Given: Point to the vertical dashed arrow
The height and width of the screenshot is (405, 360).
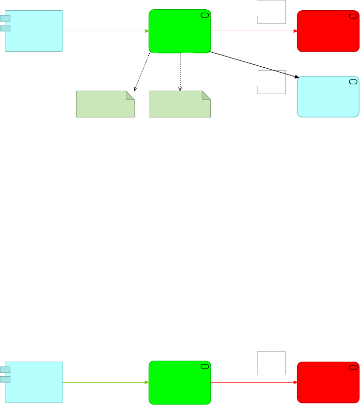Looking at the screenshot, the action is pyautogui.click(x=180, y=71).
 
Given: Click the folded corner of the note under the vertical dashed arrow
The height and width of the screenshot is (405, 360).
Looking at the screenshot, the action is pyautogui.click(x=206, y=95).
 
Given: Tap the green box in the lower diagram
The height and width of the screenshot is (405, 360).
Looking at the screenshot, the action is pyautogui.click(x=180, y=382).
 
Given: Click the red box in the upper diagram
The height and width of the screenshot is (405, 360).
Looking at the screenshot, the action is pyautogui.click(x=328, y=31).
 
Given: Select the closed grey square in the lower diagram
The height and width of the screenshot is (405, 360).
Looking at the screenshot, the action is pyautogui.click(x=271, y=363).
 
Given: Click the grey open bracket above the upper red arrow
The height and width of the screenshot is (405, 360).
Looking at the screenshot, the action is pyautogui.click(x=272, y=12).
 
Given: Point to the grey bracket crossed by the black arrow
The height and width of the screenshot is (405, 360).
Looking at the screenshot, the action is pyautogui.click(x=272, y=82).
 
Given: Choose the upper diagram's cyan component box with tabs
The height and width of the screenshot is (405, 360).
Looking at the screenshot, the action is pyautogui.click(x=33, y=31).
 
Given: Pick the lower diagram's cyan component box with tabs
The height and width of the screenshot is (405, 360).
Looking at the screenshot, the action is pyautogui.click(x=33, y=382).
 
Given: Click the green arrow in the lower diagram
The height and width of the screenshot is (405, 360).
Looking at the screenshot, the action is pyautogui.click(x=105, y=382).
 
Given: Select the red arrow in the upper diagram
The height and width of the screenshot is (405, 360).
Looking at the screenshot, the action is pyautogui.click(x=254, y=31).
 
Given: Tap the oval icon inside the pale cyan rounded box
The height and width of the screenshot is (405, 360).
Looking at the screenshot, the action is pyautogui.click(x=353, y=81).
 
